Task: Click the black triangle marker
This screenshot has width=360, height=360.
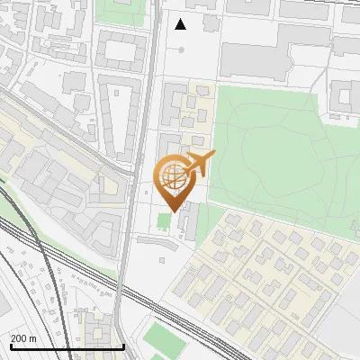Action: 181,24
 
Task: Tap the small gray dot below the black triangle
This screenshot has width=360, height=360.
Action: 181,49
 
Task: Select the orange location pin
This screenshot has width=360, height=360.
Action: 174,180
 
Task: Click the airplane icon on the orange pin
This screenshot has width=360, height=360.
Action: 200,164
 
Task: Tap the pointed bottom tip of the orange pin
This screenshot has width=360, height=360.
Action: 172,211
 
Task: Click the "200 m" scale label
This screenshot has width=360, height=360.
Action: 24,338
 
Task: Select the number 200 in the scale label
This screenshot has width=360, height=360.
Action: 19,338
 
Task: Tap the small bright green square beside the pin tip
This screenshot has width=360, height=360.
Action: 163,220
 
